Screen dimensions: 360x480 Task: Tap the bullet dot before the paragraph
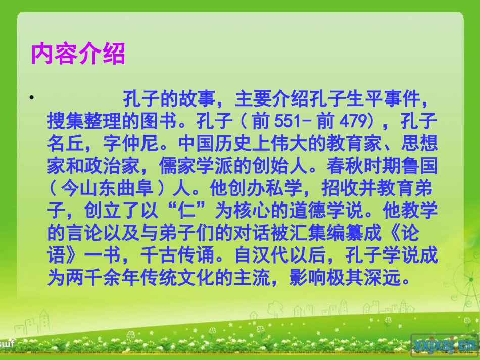31,96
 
